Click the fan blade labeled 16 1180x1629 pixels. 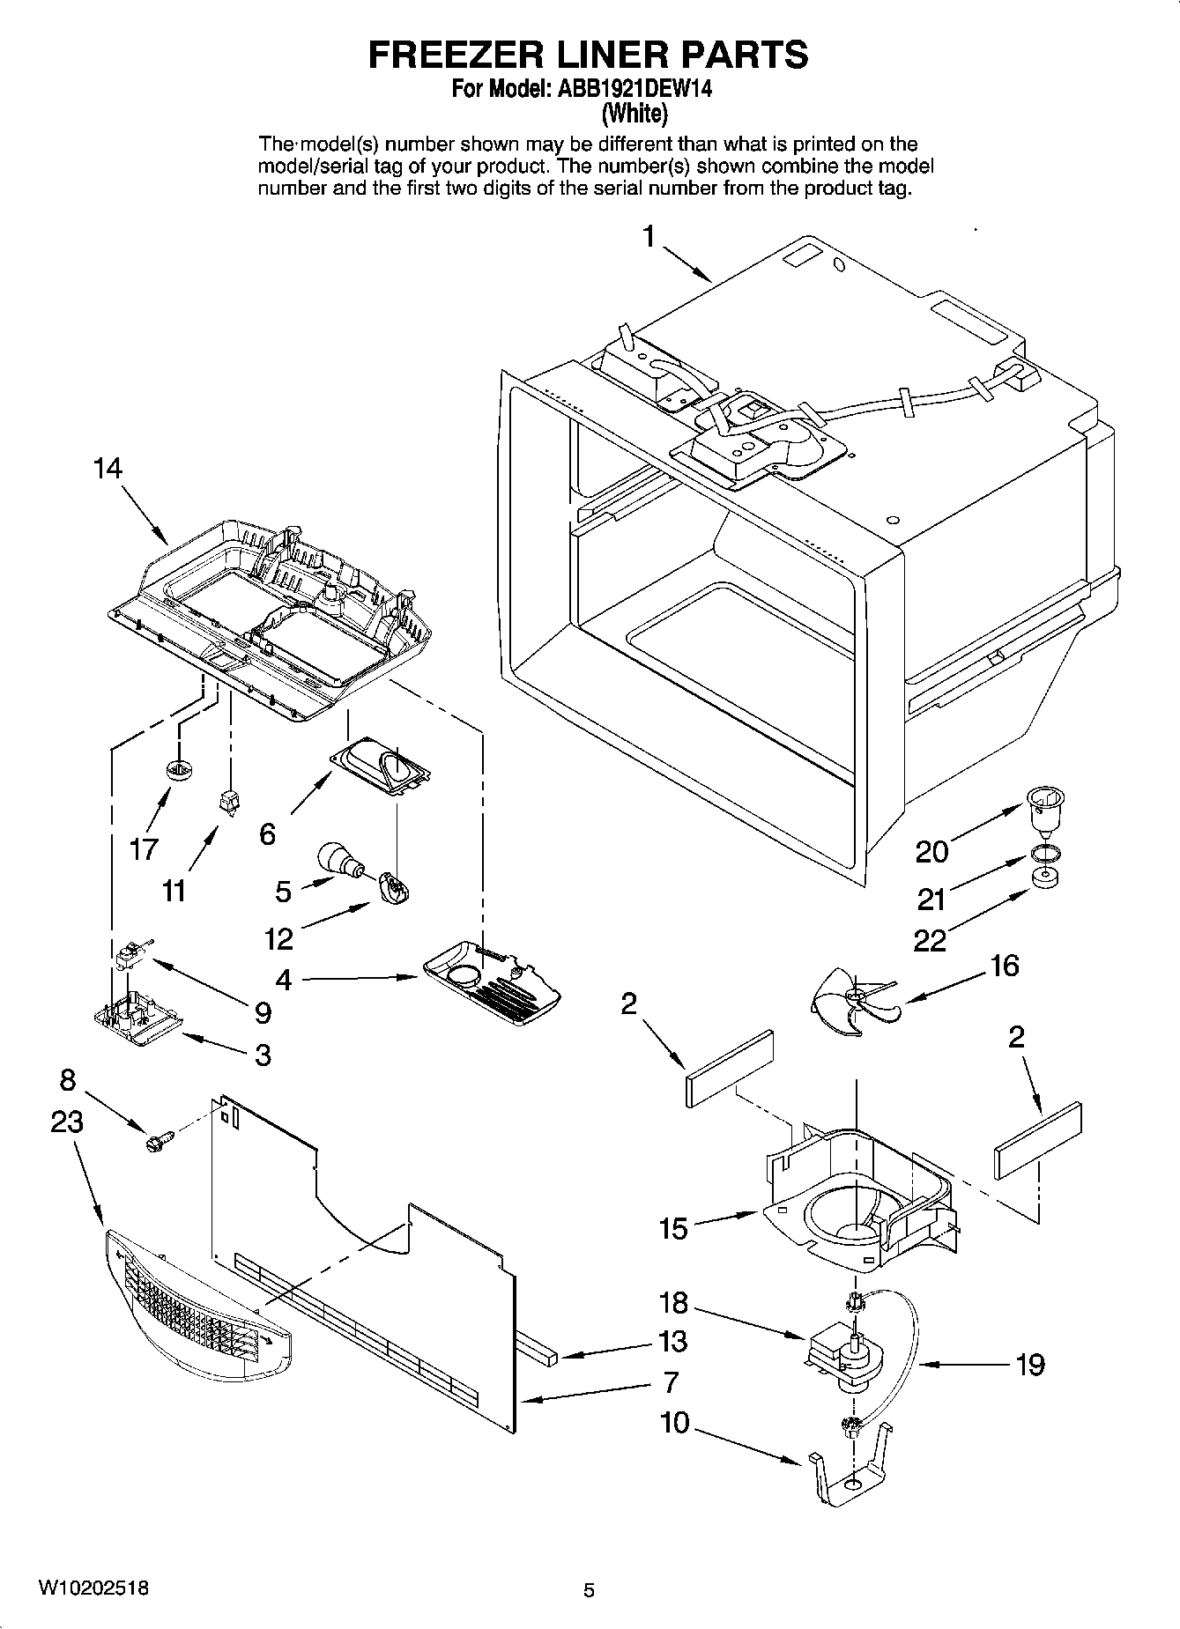pyautogui.click(x=851, y=998)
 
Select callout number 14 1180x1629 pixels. pyautogui.click(x=108, y=469)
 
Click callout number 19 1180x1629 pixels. pyautogui.click(x=1028, y=1365)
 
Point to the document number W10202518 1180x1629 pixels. pyautogui.click(x=93, y=1588)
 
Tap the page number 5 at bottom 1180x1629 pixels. pyautogui.click(x=589, y=1590)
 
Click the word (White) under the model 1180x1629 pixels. pyautogui.click(x=634, y=113)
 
